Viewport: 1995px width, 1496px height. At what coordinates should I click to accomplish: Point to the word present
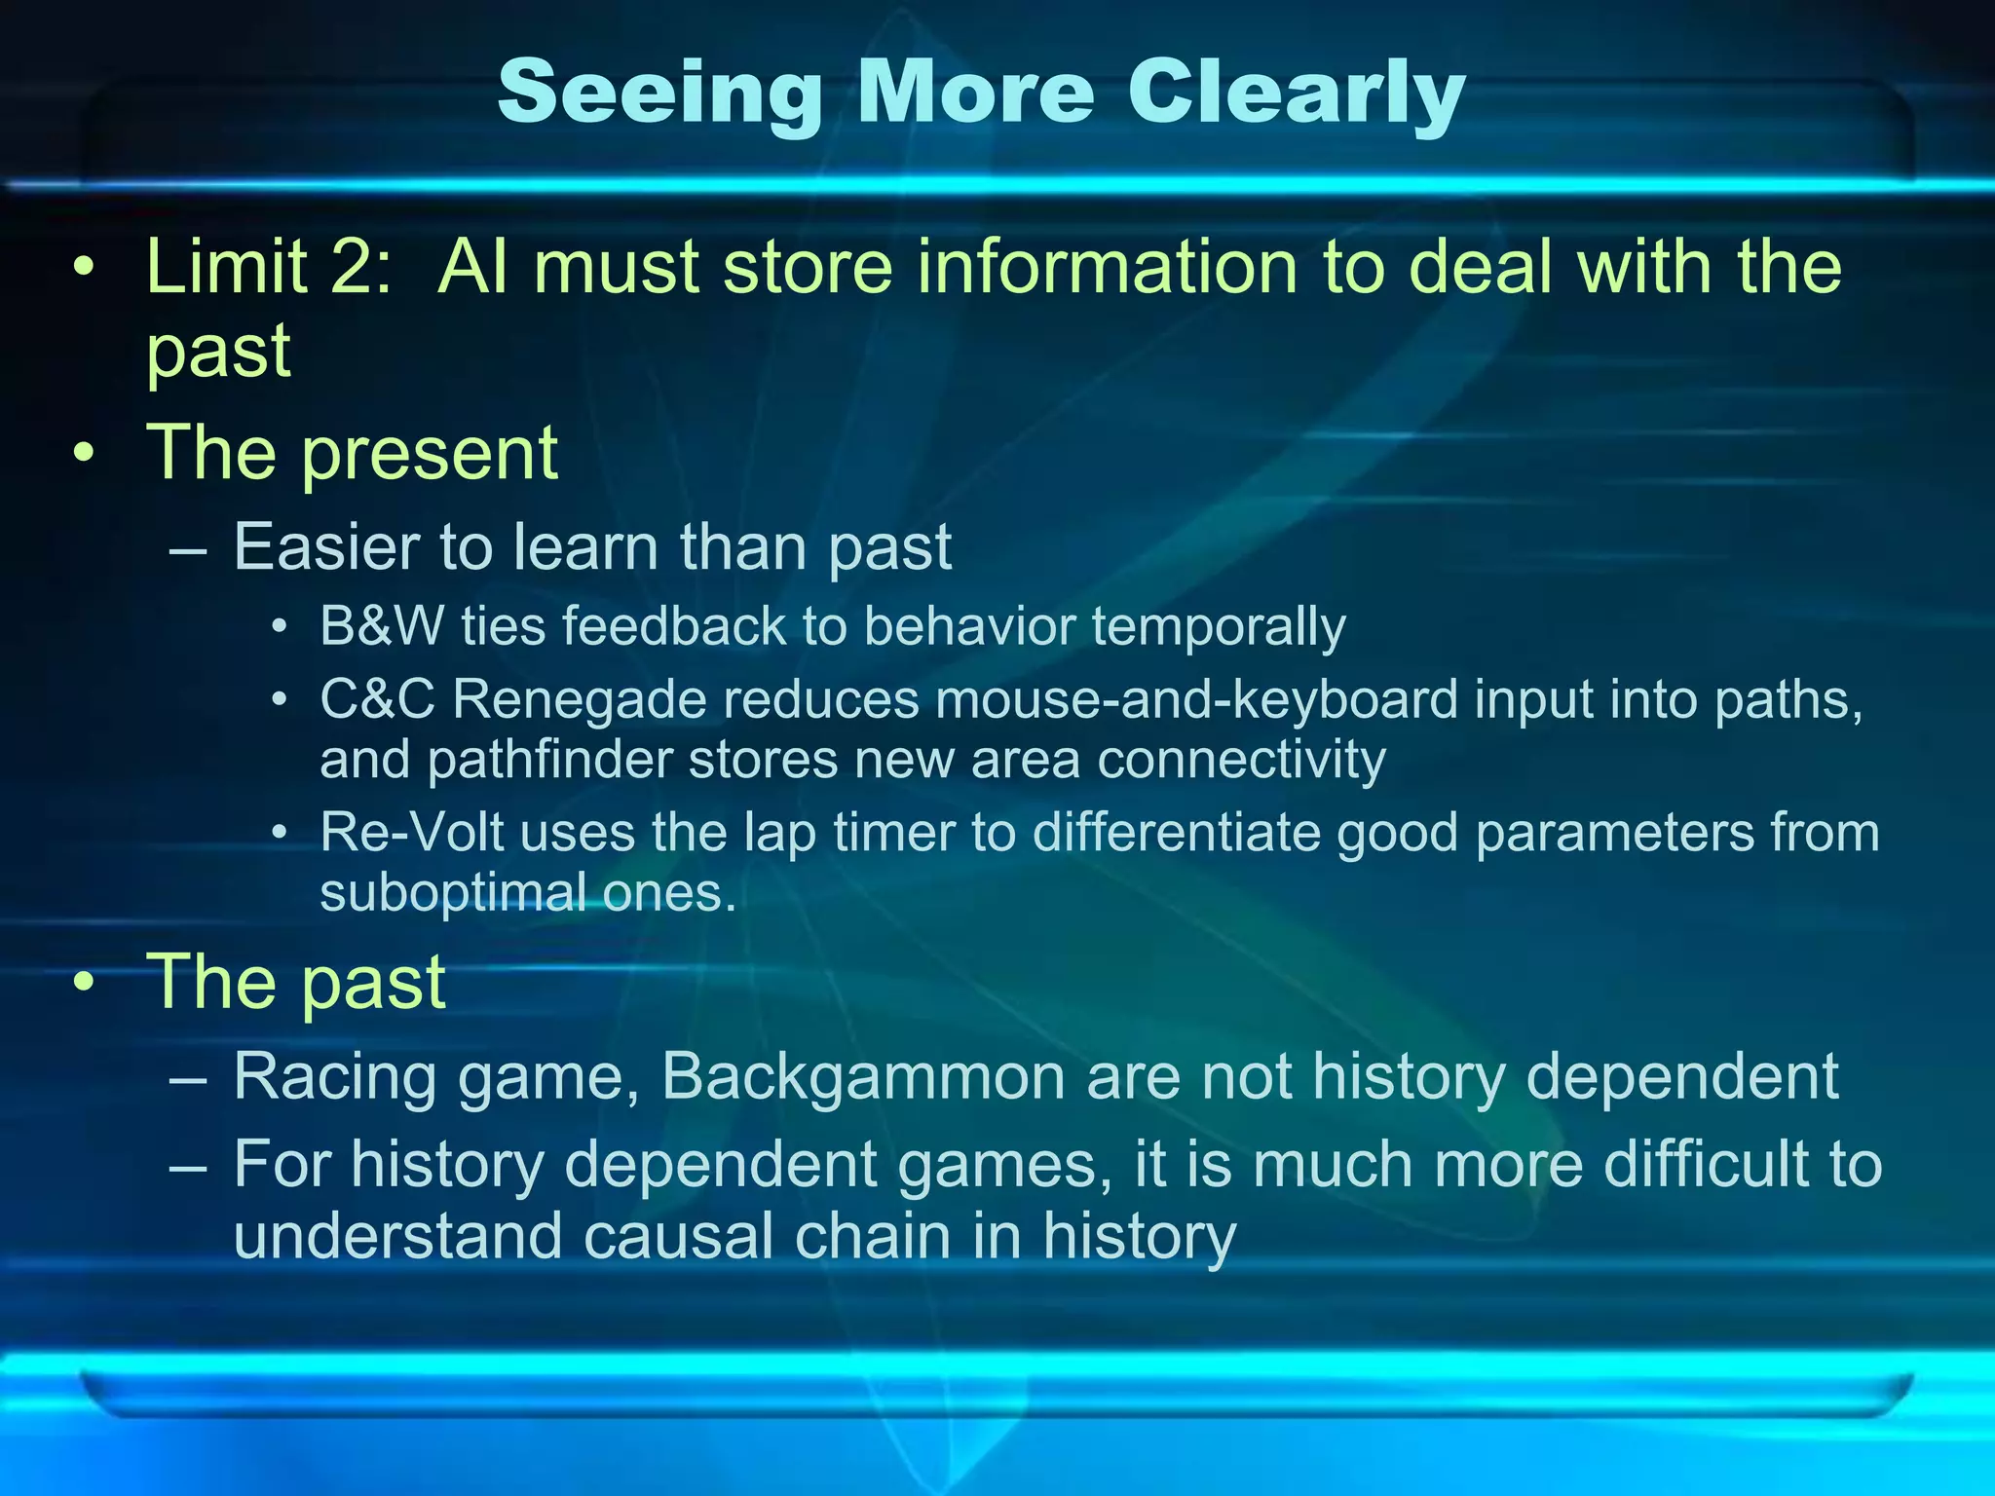pos(430,454)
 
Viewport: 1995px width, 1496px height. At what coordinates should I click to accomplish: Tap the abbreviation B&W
pos(381,625)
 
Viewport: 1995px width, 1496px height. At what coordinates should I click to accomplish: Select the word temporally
pos(1219,625)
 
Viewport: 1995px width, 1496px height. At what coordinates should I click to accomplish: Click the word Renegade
pos(580,699)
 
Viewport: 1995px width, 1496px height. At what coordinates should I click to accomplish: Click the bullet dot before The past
pos(86,984)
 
